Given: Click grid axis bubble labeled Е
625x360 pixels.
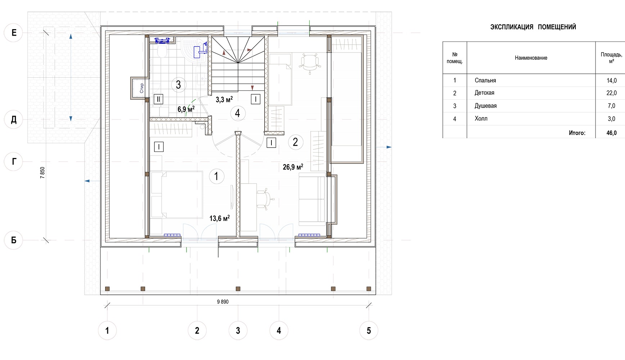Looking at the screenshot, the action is click(x=14, y=33).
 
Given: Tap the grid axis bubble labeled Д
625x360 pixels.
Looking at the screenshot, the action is click(x=14, y=120).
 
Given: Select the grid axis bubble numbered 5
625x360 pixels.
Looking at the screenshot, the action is click(x=369, y=330).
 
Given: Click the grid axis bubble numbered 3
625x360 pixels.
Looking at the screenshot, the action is click(x=238, y=330).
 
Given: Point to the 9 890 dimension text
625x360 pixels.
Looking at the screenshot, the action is click(x=222, y=302).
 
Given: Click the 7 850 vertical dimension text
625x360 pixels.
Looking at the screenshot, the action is click(x=42, y=173).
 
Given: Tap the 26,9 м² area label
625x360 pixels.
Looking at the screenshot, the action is click(x=293, y=167).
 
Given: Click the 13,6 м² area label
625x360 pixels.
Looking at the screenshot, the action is click(x=220, y=218).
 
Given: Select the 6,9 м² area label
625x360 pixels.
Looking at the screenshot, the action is click(x=186, y=109).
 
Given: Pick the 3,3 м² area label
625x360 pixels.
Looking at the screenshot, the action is click(x=224, y=99).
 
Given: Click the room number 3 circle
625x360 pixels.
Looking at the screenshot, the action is click(x=178, y=85).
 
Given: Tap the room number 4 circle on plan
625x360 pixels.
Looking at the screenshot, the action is click(x=238, y=113).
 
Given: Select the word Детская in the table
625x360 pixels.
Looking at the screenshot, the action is click(x=484, y=93).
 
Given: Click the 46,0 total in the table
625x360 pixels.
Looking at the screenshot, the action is click(x=611, y=133).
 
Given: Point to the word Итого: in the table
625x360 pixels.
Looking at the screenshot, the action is click(x=577, y=133).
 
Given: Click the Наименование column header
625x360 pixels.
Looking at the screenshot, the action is click(x=531, y=58).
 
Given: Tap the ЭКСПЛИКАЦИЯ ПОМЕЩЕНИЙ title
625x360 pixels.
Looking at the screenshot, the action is click(x=533, y=27).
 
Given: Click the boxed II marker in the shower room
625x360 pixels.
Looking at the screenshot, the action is click(x=158, y=99).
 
